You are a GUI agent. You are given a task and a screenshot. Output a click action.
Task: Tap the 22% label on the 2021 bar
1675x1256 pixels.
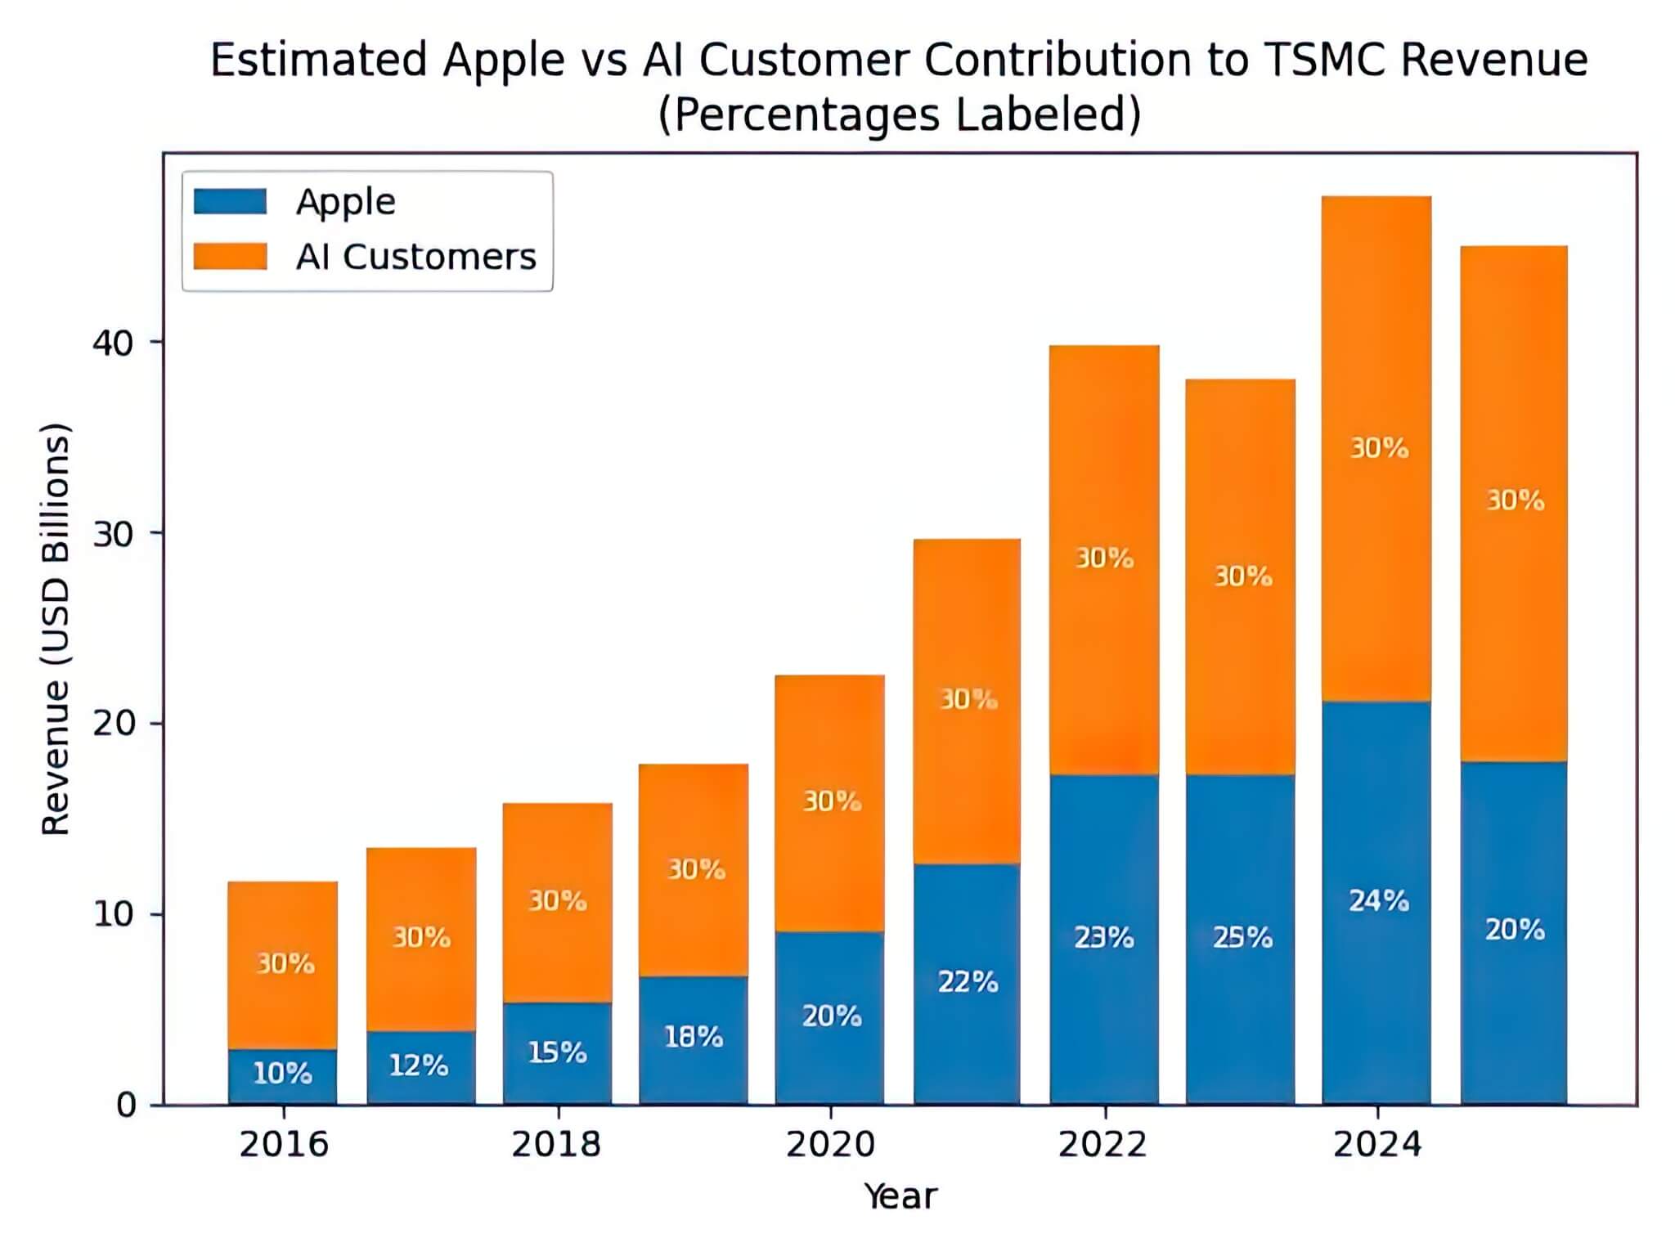[968, 981]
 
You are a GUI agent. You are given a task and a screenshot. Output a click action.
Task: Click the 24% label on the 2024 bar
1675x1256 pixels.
[1378, 900]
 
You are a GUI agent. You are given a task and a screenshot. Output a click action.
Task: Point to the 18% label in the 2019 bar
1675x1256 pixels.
[693, 1037]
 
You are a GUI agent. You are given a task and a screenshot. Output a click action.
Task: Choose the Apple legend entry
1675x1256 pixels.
[345, 201]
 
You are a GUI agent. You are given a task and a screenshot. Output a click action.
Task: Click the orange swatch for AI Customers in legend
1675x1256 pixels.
[230, 256]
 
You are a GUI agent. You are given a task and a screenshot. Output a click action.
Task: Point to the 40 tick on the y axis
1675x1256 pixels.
[113, 343]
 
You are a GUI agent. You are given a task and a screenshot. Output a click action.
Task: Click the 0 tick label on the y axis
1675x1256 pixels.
[126, 1106]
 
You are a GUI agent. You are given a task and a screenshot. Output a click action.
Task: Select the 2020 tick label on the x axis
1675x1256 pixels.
[830, 1144]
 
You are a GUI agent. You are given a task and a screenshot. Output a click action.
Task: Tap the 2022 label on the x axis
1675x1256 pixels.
[1102, 1144]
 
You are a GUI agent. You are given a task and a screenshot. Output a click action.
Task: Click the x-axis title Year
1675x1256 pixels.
[900, 1196]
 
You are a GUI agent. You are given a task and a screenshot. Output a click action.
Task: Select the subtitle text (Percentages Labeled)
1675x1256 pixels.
[899, 114]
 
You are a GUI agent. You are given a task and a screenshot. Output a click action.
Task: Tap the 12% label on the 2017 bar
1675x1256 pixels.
[418, 1065]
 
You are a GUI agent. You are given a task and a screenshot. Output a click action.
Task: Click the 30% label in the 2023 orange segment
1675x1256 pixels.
[1242, 576]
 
